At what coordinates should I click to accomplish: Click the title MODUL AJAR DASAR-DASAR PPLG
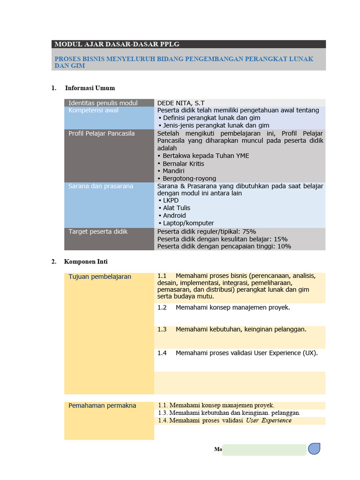pos(117,45)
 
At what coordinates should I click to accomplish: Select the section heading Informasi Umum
pos(90,88)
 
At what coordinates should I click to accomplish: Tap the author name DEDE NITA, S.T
pos(181,103)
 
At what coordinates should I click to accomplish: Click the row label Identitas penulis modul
pos(103,103)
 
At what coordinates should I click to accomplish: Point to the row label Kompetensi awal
pos(93,111)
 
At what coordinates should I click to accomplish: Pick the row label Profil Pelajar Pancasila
pos(101,134)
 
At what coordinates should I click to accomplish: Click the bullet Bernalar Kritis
pos(183,164)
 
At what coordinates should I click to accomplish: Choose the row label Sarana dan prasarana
pos(101,186)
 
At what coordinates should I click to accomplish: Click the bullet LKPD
pos(171,201)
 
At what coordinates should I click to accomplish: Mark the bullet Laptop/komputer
pos(188,223)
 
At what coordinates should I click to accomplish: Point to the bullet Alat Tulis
pos(176,208)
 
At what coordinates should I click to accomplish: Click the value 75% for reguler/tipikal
pos(249,232)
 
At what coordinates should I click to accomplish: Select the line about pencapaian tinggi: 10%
pos(224,247)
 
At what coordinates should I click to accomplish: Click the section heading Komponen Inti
pos(86,262)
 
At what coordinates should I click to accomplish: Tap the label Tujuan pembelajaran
pos(100,277)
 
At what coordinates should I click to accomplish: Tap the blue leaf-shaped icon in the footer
pos(314,449)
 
